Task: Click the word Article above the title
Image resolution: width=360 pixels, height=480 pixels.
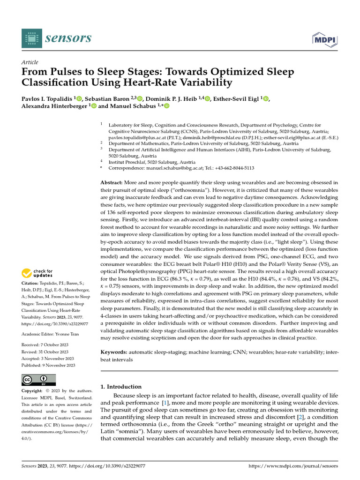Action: point(30,62)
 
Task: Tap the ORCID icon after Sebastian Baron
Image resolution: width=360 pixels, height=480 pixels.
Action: point(140,98)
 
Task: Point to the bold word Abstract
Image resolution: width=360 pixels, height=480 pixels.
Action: point(112,182)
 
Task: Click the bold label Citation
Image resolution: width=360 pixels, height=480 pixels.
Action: point(31,284)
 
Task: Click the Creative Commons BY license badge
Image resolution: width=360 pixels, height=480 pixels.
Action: point(39,380)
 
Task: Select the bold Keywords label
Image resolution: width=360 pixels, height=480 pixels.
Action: point(114,352)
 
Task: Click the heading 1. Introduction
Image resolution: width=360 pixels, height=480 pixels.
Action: point(121,387)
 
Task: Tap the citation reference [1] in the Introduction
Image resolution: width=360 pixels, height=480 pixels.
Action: point(165,403)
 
